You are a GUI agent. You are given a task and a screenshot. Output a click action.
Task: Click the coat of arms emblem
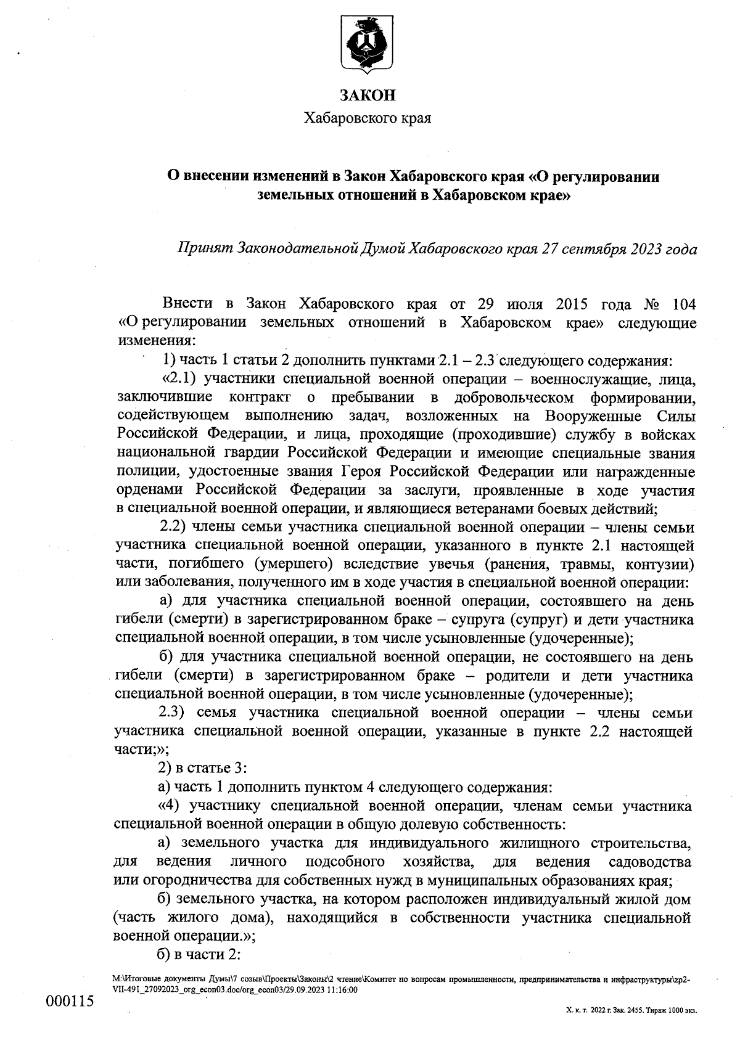click(x=368, y=44)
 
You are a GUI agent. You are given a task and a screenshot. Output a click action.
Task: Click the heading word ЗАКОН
click(x=368, y=96)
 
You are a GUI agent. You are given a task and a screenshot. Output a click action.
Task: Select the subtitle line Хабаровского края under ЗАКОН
click(x=368, y=118)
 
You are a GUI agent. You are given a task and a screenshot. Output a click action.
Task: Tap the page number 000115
click(x=70, y=1000)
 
